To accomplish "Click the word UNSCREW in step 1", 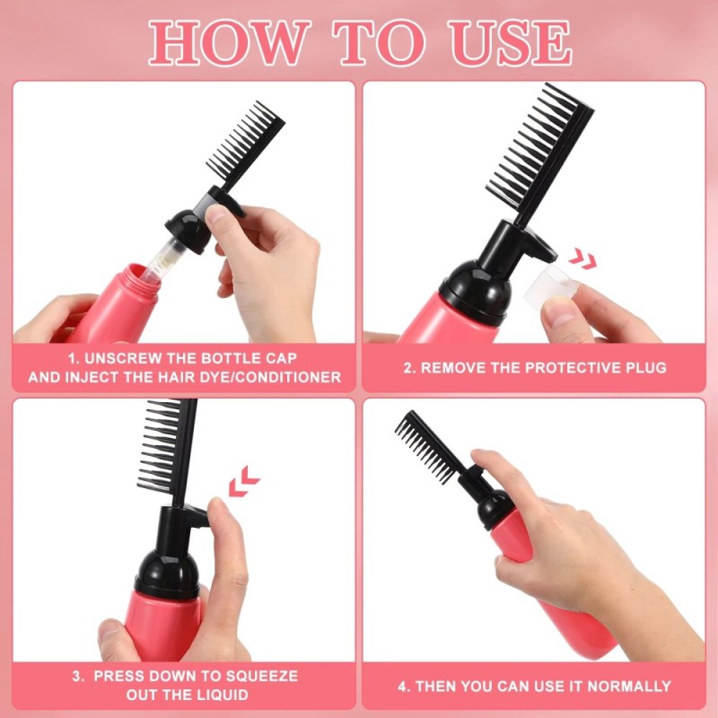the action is (x=122, y=358).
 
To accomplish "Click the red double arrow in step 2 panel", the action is (x=582, y=258).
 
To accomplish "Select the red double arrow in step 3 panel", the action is (x=243, y=481).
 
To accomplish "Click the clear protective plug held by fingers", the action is (x=550, y=284).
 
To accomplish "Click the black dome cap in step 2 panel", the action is (x=475, y=287).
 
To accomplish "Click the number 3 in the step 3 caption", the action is (x=77, y=677).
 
